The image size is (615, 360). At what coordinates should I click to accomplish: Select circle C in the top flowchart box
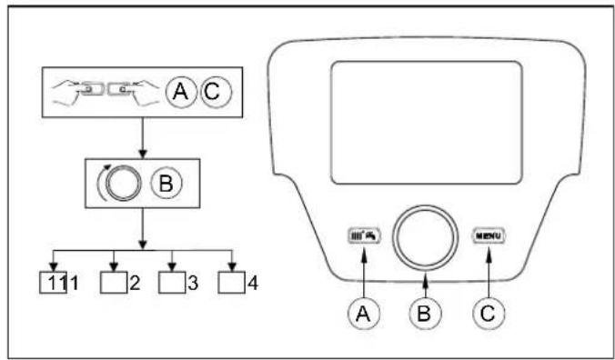[x=216, y=91]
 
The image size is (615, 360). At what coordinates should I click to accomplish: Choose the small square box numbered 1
[x=54, y=281]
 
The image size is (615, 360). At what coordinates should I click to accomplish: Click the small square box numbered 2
[x=113, y=281]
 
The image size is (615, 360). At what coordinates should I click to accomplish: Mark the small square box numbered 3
[x=172, y=281]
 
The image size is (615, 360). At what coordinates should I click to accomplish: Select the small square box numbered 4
[x=233, y=281]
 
